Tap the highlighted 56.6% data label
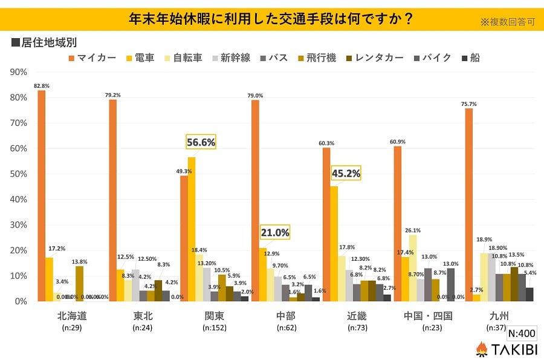200,142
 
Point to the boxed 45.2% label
346,173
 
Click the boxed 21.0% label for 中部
275,232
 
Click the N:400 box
521,333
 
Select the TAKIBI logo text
513,349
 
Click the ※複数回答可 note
508,22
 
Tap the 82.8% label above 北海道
42,86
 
